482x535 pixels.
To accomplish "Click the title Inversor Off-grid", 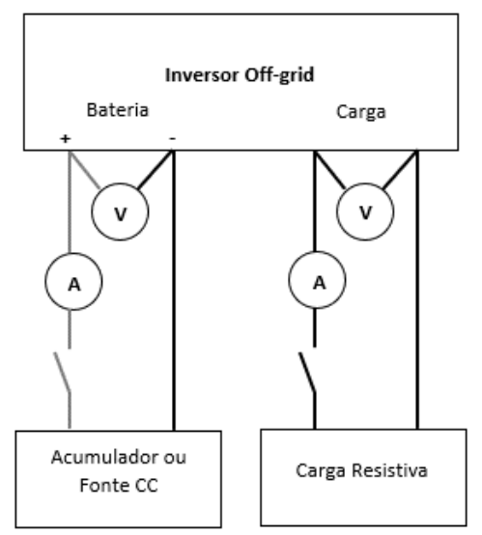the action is [x=240, y=75].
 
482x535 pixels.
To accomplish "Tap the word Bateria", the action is [x=118, y=110].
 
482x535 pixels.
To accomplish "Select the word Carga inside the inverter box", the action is [x=361, y=112].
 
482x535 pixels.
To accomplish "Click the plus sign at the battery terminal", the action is [x=65, y=138].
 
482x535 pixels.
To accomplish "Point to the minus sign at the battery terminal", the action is [x=172, y=138].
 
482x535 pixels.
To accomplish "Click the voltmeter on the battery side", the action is [x=120, y=211].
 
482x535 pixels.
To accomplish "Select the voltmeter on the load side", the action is [x=365, y=211].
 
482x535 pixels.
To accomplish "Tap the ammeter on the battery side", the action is [x=73, y=281].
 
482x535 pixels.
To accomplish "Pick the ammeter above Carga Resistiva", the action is [x=317, y=280].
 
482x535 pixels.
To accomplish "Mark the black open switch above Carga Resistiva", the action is [x=308, y=374].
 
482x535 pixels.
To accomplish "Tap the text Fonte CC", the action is [x=119, y=485].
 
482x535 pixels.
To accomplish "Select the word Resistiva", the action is [x=389, y=470].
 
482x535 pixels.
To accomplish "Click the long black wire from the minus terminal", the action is [x=174, y=291].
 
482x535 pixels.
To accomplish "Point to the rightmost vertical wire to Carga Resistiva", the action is [x=417, y=290].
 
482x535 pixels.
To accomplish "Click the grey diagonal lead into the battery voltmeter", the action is [x=85, y=170].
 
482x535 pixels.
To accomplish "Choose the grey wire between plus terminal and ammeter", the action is [x=70, y=202].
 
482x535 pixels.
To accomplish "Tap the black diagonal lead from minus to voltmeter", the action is [x=155, y=170].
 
